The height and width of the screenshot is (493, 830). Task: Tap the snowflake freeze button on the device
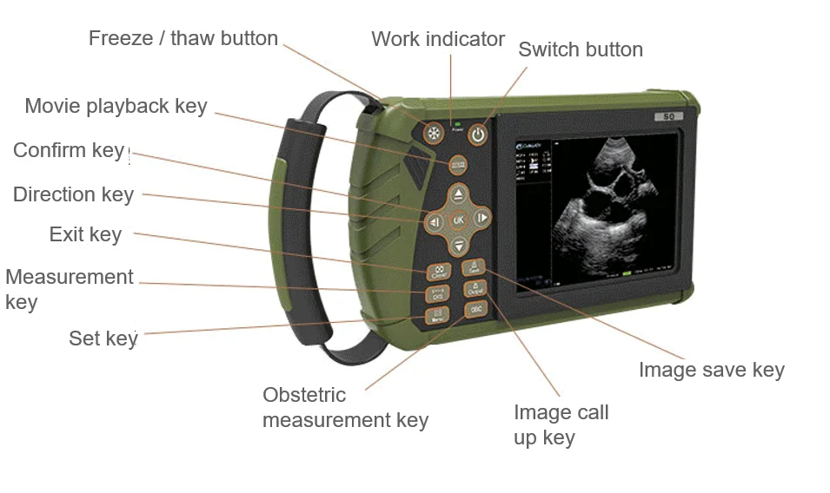(x=433, y=134)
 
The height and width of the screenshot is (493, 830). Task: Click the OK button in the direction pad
(x=459, y=220)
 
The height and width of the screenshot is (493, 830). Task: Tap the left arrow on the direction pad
(x=435, y=222)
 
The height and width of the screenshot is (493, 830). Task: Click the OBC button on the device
(x=475, y=309)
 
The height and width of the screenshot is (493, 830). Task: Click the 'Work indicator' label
(x=437, y=39)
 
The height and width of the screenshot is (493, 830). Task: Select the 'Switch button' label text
(x=581, y=49)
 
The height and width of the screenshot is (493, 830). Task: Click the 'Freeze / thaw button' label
(x=183, y=38)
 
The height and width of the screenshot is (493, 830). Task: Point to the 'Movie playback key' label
(x=116, y=106)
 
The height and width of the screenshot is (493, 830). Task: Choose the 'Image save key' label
(x=711, y=370)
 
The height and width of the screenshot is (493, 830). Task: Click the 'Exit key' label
(x=85, y=234)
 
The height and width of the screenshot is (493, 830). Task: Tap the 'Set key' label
(x=103, y=338)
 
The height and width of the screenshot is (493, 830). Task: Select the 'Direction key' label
(x=73, y=194)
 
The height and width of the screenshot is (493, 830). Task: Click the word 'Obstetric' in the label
(x=304, y=395)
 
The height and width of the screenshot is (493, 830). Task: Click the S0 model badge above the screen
(x=668, y=116)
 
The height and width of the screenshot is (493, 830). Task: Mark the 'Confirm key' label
(x=69, y=150)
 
